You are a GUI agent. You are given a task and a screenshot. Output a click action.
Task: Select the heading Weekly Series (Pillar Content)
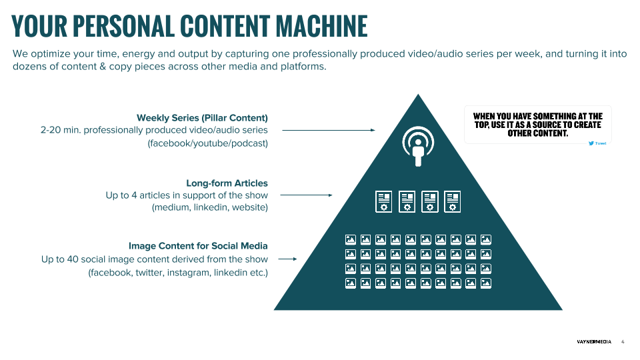[202, 118]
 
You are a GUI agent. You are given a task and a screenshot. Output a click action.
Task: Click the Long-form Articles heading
[227, 183]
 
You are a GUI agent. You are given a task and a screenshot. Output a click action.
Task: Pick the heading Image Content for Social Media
[198, 246]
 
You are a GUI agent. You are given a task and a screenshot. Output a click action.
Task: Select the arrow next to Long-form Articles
[306, 195]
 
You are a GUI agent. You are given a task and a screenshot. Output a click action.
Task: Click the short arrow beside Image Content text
[287, 259]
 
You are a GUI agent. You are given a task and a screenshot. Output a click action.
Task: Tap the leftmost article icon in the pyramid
[383, 201]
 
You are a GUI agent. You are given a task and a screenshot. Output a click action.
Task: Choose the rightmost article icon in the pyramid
[453, 201]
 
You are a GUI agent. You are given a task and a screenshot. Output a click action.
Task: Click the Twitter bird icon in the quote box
[591, 143]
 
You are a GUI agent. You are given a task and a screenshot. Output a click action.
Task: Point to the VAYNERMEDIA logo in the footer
[594, 342]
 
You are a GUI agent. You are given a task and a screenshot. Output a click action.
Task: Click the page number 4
[623, 342]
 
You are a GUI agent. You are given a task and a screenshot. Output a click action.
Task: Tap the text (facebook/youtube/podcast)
[207, 143]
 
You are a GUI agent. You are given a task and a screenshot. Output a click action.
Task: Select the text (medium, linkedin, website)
[209, 208]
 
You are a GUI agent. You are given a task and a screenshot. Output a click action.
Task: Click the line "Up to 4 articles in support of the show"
[187, 195]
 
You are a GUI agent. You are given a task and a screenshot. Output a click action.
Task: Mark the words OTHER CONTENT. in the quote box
[537, 133]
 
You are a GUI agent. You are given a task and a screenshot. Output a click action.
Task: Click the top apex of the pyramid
[419, 97]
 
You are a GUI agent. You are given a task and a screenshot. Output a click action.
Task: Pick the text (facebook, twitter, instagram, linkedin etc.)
[178, 272]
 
